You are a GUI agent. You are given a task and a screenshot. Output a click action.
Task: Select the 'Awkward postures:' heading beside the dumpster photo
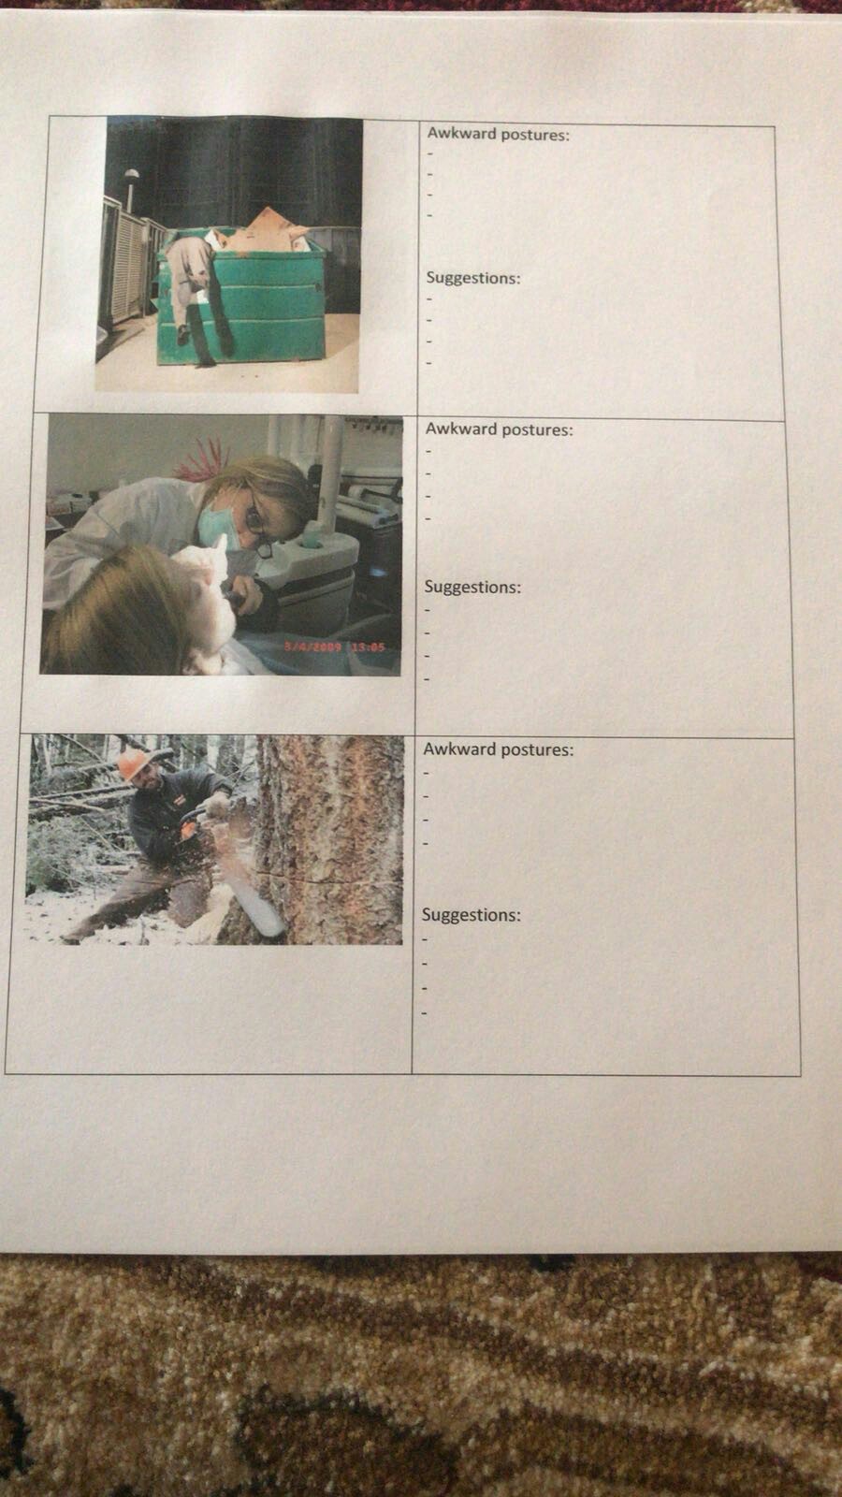(x=498, y=135)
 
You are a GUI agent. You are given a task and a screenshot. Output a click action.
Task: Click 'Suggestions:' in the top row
(x=473, y=278)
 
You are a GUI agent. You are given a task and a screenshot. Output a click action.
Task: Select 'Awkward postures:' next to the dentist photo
(x=499, y=429)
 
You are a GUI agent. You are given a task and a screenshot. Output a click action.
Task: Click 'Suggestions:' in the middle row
(x=472, y=588)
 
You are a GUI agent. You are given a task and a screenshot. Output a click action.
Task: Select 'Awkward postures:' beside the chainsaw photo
(x=498, y=749)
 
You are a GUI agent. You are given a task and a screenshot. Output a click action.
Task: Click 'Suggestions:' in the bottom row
(x=471, y=915)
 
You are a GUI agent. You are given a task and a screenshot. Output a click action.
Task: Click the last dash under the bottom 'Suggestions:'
(x=425, y=1012)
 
